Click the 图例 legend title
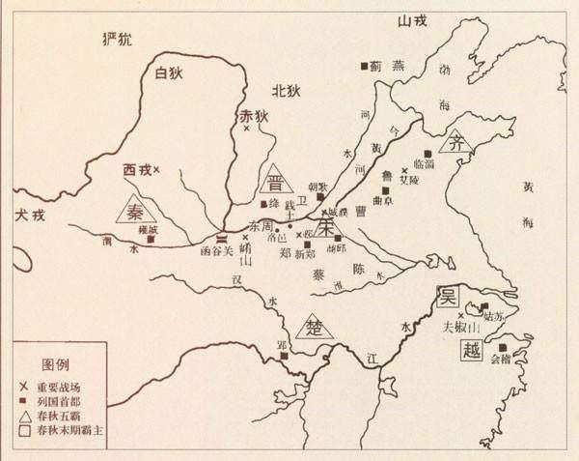(x=57, y=366)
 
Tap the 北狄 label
(x=287, y=91)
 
